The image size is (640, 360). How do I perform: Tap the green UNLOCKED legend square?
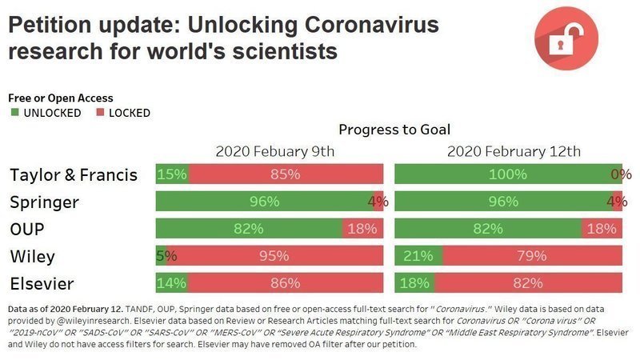(x=14, y=113)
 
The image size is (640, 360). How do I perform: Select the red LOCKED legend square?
(x=101, y=113)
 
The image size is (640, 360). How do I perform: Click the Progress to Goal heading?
(x=394, y=130)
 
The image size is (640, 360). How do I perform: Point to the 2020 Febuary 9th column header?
(x=274, y=151)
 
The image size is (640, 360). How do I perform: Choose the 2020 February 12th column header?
(x=514, y=151)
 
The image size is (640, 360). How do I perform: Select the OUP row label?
(x=30, y=229)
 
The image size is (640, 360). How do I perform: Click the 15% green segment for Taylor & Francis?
(x=172, y=174)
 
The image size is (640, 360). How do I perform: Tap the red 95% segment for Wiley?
(x=274, y=257)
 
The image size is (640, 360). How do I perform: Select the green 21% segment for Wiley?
(x=418, y=257)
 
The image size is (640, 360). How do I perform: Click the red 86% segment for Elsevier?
(x=285, y=282)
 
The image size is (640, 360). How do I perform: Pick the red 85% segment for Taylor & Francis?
(x=286, y=174)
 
